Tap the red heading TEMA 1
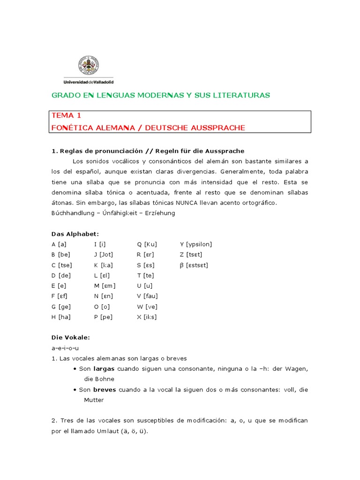point(66,116)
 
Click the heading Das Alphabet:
point(75,233)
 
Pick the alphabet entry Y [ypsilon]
point(196,244)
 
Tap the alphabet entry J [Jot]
point(104,255)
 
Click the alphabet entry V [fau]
point(147,296)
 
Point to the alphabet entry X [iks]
point(147,316)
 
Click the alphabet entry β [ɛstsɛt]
point(194,265)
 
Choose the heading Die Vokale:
point(70,337)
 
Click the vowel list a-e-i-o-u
point(65,348)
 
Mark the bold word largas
point(104,369)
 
